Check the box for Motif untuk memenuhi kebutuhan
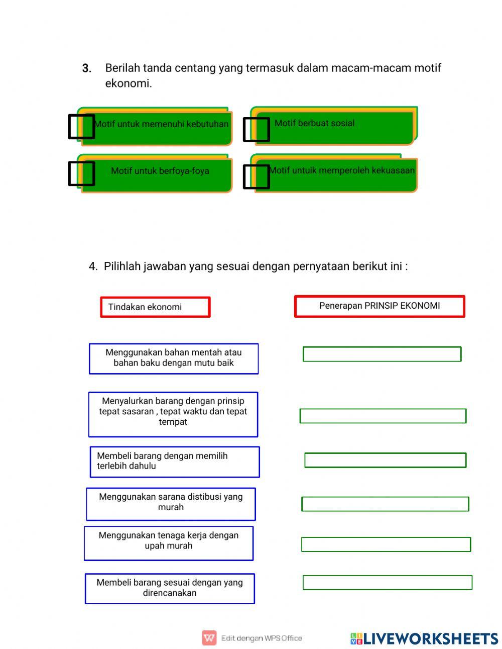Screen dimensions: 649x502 point(81,126)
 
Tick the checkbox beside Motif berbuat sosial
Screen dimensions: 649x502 point(256,129)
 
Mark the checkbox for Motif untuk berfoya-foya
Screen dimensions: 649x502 point(81,173)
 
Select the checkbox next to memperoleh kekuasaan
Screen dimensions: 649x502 point(256,176)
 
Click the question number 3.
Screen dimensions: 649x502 point(86,68)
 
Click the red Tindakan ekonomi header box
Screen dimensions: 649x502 point(155,307)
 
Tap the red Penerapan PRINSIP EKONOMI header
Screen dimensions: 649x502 point(380,306)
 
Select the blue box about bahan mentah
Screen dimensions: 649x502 point(174,358)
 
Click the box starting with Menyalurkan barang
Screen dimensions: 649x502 point(173,414)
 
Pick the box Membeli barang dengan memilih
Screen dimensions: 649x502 point(175,461)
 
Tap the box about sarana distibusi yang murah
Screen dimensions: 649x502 point(171,504)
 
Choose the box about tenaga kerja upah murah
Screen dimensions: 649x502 point(169,543)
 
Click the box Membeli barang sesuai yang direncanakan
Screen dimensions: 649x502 point(170,588)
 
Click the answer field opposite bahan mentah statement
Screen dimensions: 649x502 point(382,354)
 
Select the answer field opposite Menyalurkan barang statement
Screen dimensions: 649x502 point(383,416)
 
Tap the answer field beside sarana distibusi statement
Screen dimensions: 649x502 point(385,504)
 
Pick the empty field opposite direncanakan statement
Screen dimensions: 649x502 point(388,582)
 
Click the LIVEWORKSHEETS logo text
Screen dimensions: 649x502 point(430,638)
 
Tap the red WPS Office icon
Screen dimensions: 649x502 point(209,638)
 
